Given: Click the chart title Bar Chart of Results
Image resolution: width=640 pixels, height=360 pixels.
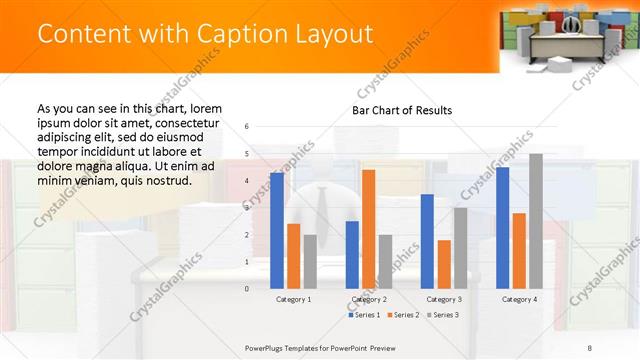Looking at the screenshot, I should pos(402,110).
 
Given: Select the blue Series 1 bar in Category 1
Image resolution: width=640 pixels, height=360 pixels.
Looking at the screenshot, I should pos(277,230).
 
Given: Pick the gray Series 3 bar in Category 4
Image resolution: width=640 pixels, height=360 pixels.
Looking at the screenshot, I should pos(536,220).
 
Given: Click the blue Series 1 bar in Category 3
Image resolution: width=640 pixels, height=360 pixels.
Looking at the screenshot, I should pos(427,241).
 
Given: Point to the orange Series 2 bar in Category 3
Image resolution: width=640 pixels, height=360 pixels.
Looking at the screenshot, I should pos(444,264).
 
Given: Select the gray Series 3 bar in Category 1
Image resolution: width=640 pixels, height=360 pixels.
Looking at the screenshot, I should pos(310,261).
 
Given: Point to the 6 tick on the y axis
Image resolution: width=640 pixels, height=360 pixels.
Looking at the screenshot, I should pos(247,127).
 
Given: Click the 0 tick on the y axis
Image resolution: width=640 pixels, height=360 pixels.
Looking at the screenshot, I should pos(247,288).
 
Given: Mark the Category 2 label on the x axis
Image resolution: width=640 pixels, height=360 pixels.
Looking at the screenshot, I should pos(369,299).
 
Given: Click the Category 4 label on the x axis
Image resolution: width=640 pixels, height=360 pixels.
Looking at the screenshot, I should pos(519,299).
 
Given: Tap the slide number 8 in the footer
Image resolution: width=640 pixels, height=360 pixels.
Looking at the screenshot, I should pos(589,347).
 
